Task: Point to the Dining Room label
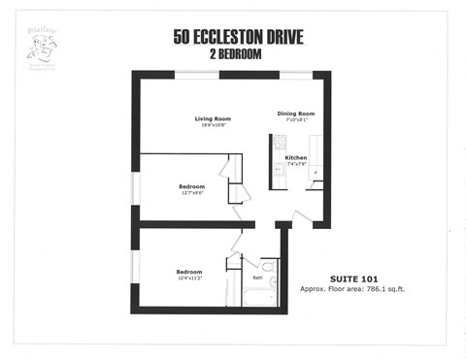[295, 113]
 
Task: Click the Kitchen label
[296, 156]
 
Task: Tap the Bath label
[257, 278]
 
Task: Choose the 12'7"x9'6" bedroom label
[191, 191]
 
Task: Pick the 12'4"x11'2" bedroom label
[188, 278]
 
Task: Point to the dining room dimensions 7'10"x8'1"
[295, 119]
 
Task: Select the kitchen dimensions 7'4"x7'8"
[296, 163]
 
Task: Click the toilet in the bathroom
[268, 264]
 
